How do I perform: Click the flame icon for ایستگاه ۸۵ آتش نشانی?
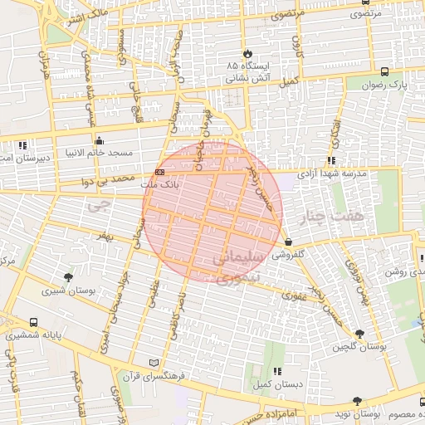(247, 51)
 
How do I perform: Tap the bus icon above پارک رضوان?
(383, 72)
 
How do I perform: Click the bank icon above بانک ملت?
(159, 171)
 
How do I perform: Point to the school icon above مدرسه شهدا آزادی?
(331, 160)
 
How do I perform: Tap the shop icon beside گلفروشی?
(288, 242)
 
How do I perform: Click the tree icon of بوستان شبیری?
(68, 277)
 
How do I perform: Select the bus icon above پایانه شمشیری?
(33, 322)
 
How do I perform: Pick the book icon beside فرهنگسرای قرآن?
(153, 363)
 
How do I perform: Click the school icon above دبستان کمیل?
(276, 371)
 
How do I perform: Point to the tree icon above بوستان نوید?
(358, 400)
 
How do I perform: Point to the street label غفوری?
(294, 294)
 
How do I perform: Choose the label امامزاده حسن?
(257, 412)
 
